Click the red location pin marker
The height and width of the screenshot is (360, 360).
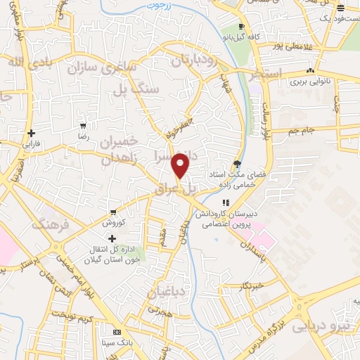tap(181, 166)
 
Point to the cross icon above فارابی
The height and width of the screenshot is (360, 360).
tap(30, 133)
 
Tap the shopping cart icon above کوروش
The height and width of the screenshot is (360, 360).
tap(112, 212)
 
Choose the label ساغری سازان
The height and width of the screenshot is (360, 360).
tap(112, 69)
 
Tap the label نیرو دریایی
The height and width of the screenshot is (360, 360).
tap(320, 326)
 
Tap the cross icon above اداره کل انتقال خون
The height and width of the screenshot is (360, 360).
tap(112, 239)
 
